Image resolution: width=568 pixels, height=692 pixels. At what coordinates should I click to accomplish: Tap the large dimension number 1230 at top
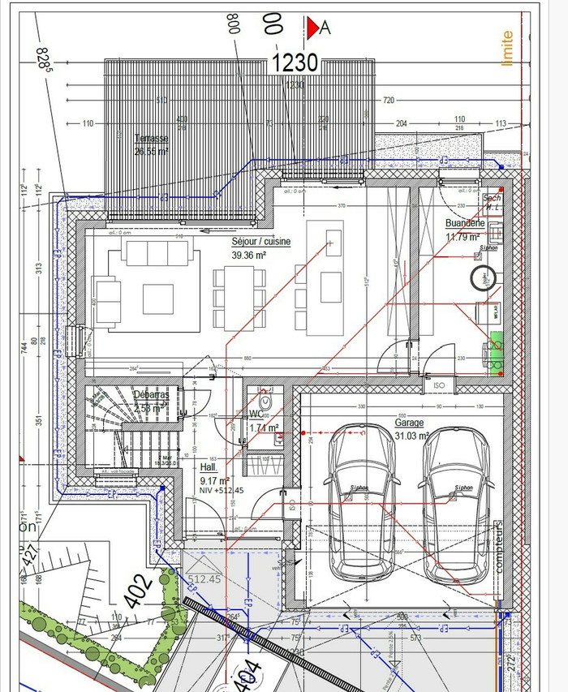point(295,63)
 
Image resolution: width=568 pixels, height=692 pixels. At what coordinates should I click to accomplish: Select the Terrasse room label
point(151,138)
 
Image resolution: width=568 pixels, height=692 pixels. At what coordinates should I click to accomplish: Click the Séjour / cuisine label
point(261,241)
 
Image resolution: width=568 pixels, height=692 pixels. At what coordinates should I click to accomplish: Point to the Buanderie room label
point(464,223)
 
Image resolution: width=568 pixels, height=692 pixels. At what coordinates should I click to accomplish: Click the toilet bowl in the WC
point(265,402)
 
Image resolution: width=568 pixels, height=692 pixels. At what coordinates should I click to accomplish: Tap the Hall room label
point(209,468)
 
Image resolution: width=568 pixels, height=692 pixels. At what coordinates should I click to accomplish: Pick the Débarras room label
point(152,395)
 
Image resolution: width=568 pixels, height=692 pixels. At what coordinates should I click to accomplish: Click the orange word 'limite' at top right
point(508,48)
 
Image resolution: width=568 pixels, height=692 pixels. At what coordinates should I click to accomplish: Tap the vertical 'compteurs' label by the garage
point(499,546)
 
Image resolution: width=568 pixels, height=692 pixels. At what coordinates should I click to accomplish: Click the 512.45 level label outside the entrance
point(204,578)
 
